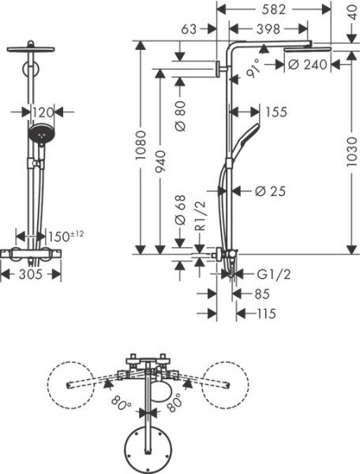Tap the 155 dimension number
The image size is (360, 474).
tap(276, 112)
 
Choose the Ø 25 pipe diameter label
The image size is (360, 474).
tap(270, 190)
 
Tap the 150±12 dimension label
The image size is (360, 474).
tap(65, 236)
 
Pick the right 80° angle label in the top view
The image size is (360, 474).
tap(172, 402)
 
